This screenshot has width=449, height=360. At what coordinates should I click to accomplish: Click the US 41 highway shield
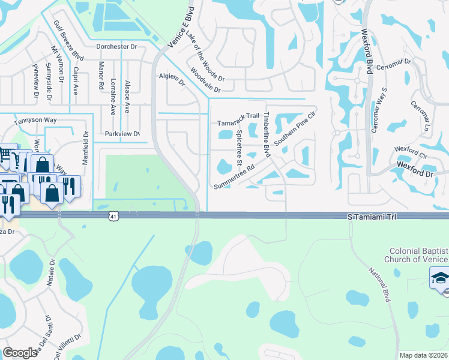[x=113, y=215]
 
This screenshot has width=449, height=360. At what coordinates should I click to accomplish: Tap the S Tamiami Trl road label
[x=373, y=215]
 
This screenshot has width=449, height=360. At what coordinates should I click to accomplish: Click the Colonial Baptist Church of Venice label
[x=419, y=254]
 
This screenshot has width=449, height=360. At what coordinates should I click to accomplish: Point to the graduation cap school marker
[x=441, y=279]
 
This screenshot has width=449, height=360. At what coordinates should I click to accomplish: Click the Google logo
[x=20, y=353]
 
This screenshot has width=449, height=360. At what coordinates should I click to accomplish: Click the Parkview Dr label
[x=122, y=134]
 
